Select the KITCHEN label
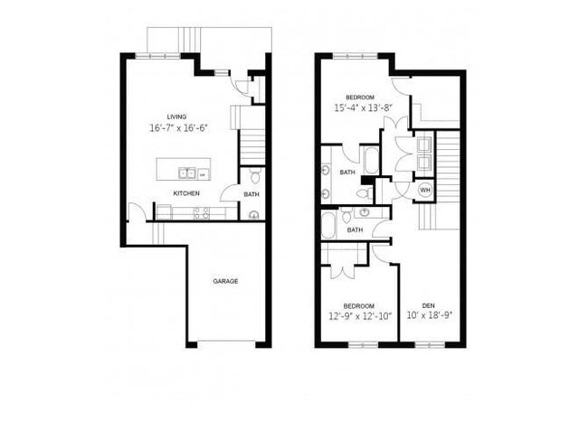tap(187, 193)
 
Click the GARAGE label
tap(225, 281)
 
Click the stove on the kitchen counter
tap(202, 213)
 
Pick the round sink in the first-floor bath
tap(254, 214)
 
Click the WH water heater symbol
tap(425, 191)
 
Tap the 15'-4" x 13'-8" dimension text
tap(365, 108)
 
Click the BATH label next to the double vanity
tap(347, 172)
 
